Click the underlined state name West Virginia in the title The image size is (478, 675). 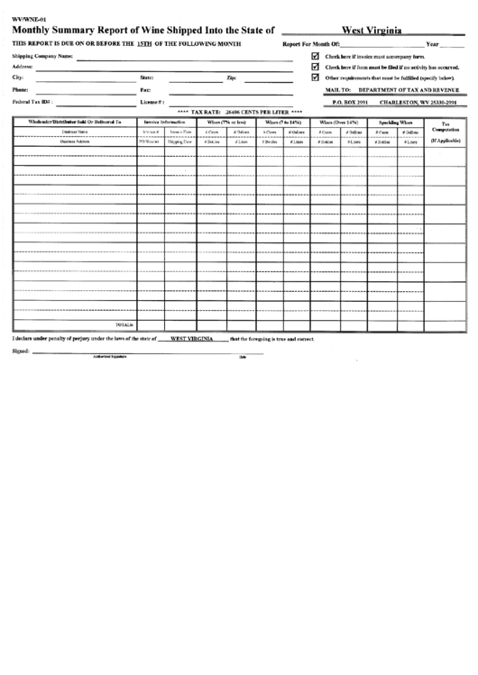point(371,31)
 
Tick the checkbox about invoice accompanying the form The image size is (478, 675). point(315,56)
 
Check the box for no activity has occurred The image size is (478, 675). point(315,67)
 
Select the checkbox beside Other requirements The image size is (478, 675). point(315,78)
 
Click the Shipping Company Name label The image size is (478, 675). point(42,56)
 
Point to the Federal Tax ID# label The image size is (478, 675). point(32,102)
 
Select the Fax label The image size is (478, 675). point(145,90)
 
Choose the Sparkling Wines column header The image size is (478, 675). point(395,122)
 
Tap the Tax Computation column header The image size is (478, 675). point(446,127)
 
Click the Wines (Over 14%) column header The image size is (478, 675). point(339,122)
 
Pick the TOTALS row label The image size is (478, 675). point(124,324)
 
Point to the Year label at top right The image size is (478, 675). point(432,44)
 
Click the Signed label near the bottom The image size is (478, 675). point(20,351)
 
